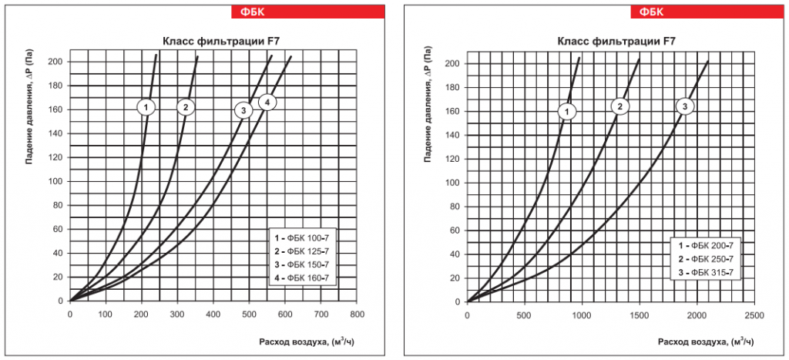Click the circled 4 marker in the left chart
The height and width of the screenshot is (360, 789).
267,103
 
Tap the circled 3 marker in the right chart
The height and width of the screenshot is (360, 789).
686,106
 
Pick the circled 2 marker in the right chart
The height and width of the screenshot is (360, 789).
621,106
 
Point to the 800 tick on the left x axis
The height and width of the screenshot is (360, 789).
357,315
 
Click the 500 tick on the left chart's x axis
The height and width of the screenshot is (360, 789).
249,315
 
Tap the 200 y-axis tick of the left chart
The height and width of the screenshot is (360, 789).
55,62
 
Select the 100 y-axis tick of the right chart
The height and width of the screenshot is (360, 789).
453,183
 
